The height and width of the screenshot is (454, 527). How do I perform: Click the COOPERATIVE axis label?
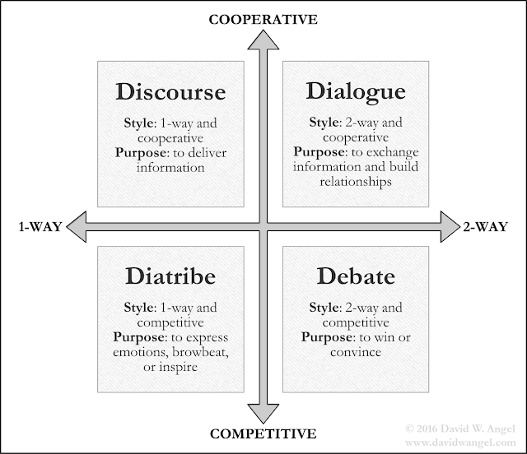[x=263, y=16]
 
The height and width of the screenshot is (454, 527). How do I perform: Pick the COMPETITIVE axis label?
[x=263, y=433]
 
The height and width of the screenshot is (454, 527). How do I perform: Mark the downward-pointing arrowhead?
[x=263, y=410]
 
